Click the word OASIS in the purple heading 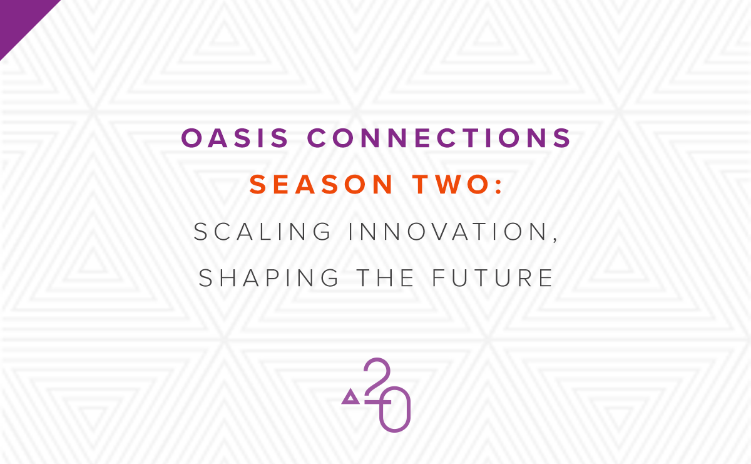pyautogui.click(x=234, y=138)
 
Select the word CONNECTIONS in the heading pyautogui.click(x=439, y=138)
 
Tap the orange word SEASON pyautogui.click(x=321, y=184)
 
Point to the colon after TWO pyautogui.click(x=499, y=185)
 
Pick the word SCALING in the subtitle pyautogui.click(x=262, y=232)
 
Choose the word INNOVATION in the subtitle pyautogui.click(x=448, y=232)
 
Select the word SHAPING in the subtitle pyautogui.click(x=268, y=278)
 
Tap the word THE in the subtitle pyautogui.click(x=385, y=278)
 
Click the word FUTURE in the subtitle pyautogui.click(x=492, y=278)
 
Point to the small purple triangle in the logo pyautogui.click(x=350, y=397)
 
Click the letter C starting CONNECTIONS pyautogui.click(x=317, y=138)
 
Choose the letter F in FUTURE pyautogui.click(x=438, y=278)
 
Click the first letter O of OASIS pyautogui.click(x=192, y=138)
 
